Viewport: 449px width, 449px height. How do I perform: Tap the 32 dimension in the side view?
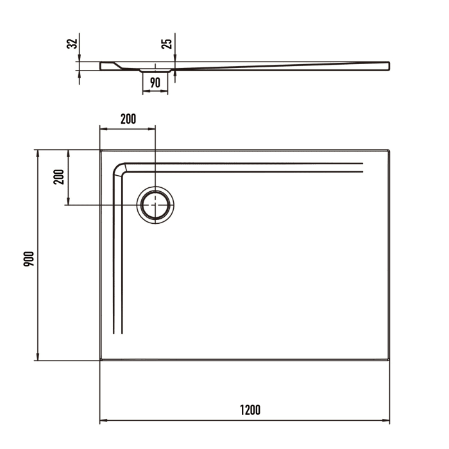[x=72, y=44]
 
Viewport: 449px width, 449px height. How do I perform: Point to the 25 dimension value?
[x=167, y=44]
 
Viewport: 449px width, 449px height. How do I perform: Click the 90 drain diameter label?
[x=155, y=82]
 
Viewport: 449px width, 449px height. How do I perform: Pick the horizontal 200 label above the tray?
[x=128, y=119]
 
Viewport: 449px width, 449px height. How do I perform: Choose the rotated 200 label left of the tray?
[x=59, y=178]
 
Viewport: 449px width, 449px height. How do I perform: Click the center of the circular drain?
[x=155, y=205]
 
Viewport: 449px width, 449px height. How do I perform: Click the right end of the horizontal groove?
[x=362, y=168]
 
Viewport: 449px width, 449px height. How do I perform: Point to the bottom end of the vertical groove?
[x=117, y=333]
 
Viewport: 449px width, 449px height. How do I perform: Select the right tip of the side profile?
[x=389, y=65]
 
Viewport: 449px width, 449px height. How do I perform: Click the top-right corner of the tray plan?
[x=389, y=151]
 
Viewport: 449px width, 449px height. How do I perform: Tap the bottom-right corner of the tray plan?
[x=389, y=360]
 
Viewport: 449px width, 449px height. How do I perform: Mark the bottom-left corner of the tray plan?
[x=101, y=360]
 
